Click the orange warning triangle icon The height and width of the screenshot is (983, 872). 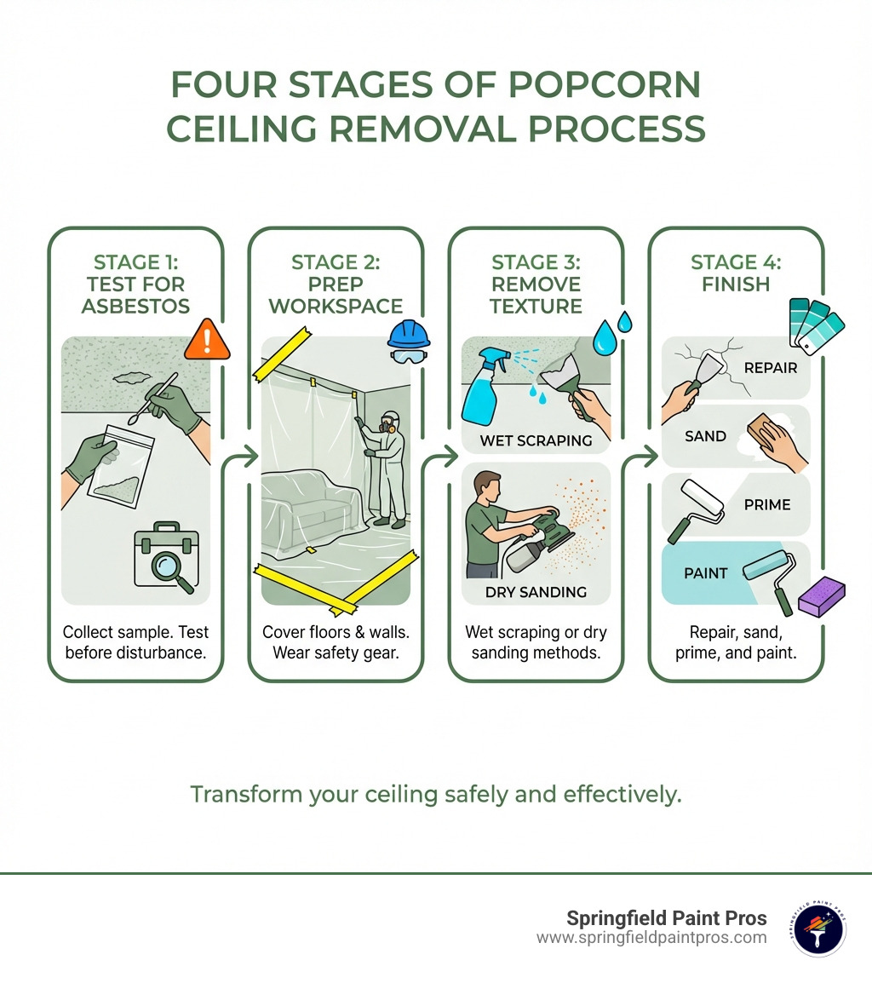tap(208, 338)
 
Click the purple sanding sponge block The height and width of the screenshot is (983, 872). tap(819, 595)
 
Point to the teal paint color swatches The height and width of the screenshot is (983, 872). tap(816, 325)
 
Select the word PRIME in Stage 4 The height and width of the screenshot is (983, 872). tap(767, 504)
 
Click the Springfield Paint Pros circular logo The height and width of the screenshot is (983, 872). tap(817, 928)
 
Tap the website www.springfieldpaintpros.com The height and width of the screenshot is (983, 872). tap(651, 938)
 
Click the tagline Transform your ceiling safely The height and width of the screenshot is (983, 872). tap(435, 794)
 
